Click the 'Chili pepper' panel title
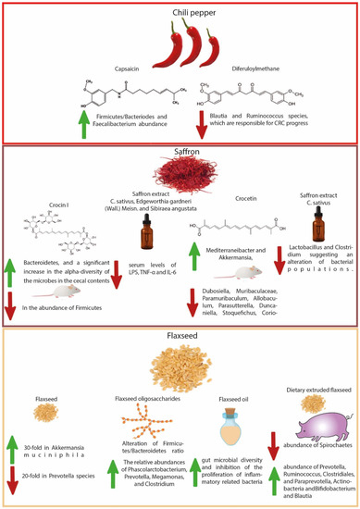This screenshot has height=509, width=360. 181,12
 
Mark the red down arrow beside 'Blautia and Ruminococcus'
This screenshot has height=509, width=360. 198,124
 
